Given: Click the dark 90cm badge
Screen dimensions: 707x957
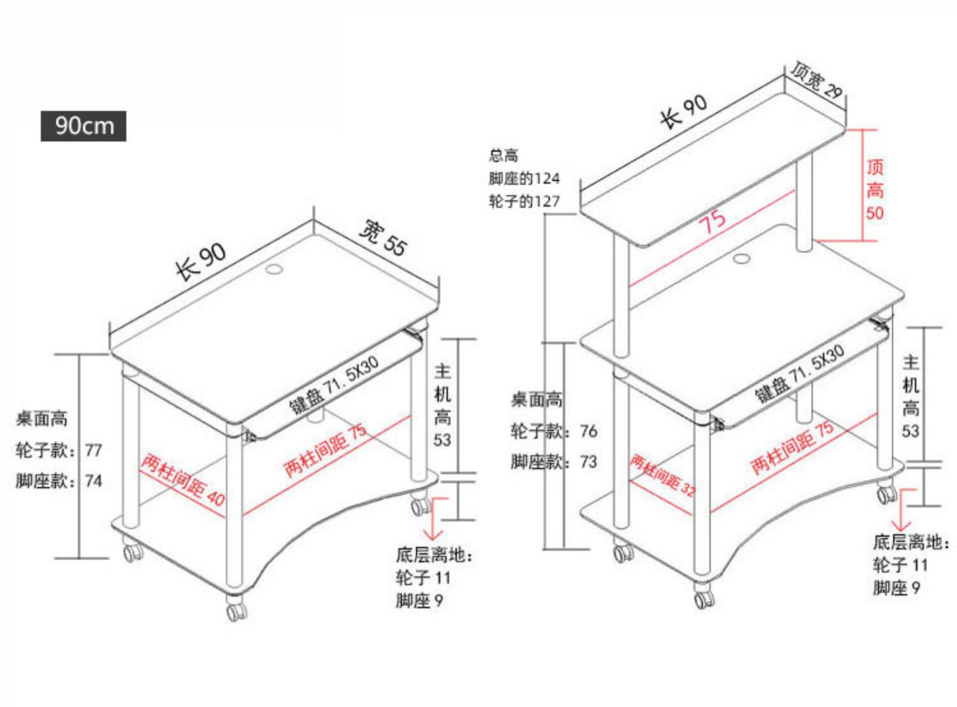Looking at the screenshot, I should [84, 126].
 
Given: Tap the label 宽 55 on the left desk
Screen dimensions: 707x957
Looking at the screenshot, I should [383, 237].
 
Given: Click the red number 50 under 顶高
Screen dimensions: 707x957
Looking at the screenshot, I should [875, 212].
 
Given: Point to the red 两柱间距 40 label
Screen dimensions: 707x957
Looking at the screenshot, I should [183, 479].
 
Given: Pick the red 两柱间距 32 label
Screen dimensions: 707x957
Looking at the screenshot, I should [662, 475].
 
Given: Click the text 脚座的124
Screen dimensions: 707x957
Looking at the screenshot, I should [524, 178].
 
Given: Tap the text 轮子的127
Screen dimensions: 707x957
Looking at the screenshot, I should [524, 202].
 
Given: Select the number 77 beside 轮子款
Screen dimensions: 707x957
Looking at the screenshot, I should [93, 450].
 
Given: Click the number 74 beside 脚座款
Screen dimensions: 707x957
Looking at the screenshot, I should [93, 480].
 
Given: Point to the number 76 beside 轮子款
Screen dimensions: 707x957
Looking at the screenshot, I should [588, 431].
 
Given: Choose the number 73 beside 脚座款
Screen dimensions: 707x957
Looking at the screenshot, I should [588, 461].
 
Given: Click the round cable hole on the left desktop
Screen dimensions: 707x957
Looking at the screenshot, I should [274, 269].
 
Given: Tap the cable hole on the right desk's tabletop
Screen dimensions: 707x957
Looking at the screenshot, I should [741, 259].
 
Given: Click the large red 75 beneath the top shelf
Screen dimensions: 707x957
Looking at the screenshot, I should [713, 222].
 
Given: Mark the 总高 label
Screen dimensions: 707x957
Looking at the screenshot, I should [503, 155].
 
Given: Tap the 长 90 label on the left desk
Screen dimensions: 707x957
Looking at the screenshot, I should [201, 260].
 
